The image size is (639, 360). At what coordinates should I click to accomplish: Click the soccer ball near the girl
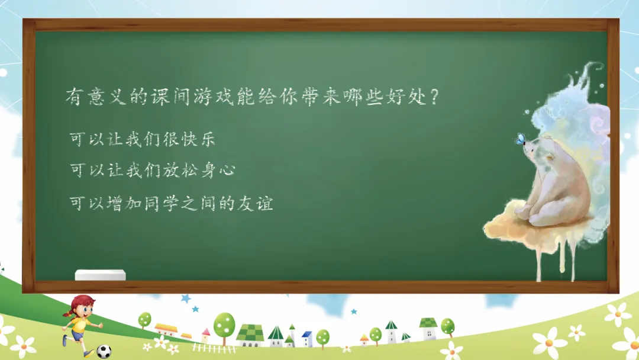pyautogui.click(x=104, y=351)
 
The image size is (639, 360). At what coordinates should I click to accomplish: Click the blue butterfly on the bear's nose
pyautogui.click(x=520, y=139)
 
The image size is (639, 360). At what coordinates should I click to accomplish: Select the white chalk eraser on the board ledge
pyautogui.click(x=100, y=275)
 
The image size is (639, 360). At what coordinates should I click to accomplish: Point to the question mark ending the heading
pyautogui.click(x=434, y=97)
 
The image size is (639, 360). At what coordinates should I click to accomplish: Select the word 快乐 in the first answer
pyautogui.click(x=198, y=139)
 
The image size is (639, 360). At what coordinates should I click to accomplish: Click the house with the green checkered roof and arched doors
pyautogui.click(x=250, y=336)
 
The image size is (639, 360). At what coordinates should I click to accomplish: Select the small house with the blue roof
pyautogui.click(x=307, y=339)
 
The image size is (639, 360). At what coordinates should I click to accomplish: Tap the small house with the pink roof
pyautogui.click(x=206, y=336)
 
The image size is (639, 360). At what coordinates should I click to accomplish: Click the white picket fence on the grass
pyautogui.click(x=214, y=348)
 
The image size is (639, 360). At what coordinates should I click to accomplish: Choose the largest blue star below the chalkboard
pyautogui.click(x=186, y=299)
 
